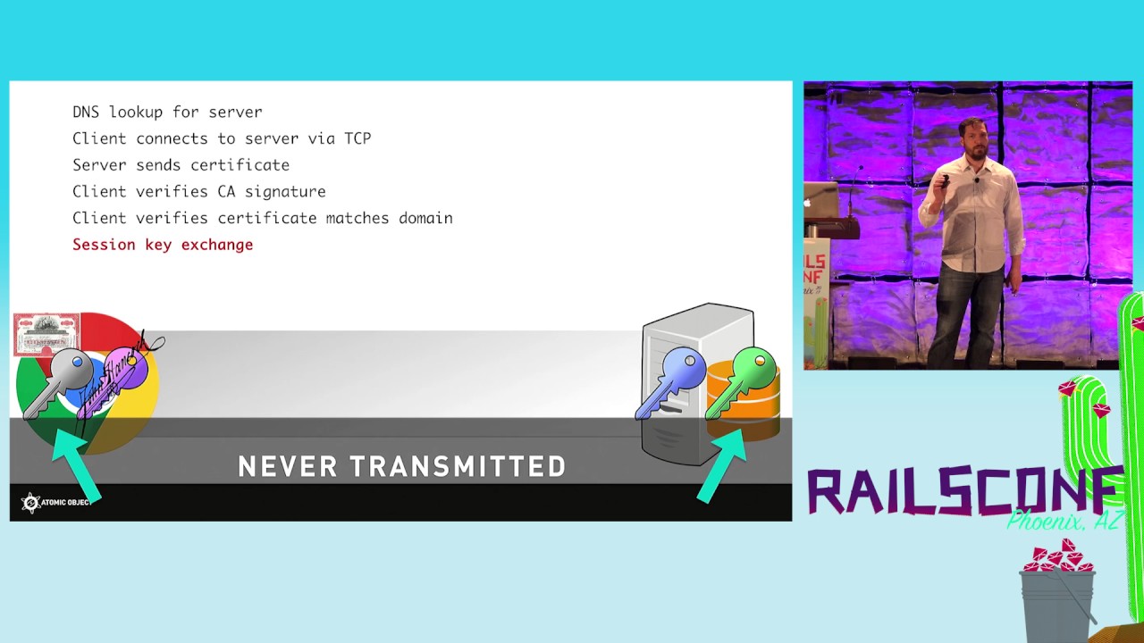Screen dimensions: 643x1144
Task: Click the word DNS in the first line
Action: (86, 112)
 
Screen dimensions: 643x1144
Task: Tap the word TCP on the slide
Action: (357, 138)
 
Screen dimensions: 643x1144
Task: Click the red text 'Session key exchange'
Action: (163, 245)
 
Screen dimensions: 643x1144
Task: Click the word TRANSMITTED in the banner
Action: (458, 466)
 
